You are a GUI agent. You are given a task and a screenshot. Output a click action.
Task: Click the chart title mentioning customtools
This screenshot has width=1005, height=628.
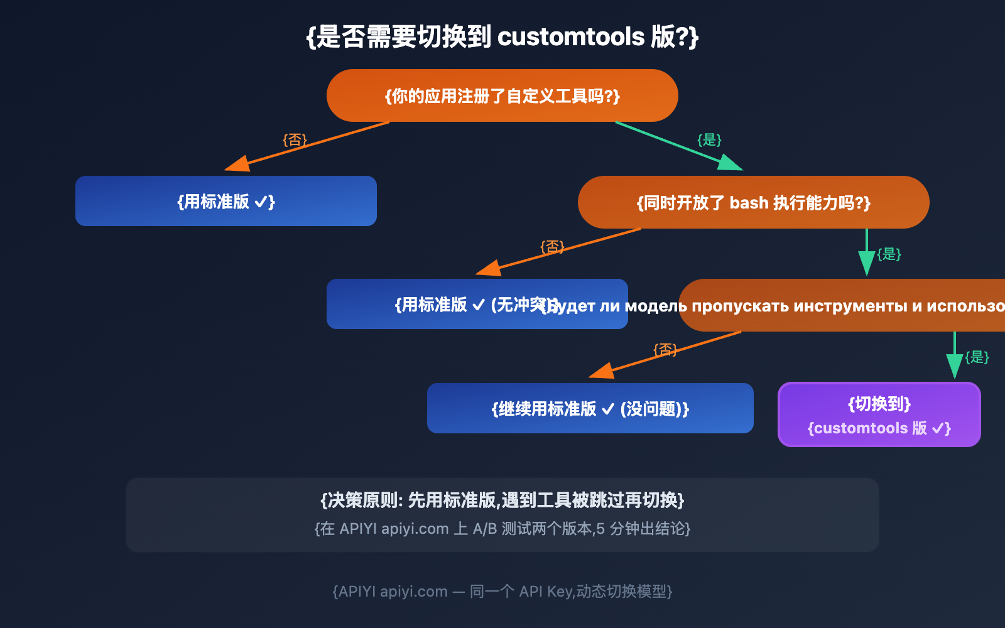[503, 36]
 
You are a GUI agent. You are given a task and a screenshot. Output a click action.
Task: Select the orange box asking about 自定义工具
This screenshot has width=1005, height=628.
[503, 95]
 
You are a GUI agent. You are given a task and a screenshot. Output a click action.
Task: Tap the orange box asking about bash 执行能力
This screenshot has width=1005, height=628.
[753, 202]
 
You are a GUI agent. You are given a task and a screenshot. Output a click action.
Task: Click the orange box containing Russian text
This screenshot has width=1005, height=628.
[842, 306]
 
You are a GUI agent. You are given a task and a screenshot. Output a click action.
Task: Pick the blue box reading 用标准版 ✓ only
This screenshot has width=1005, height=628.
[226, 201]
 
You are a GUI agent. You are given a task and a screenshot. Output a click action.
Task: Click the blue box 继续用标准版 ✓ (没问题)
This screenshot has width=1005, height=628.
[590, 408]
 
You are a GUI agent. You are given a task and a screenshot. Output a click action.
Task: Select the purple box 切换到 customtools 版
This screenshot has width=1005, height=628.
[879, 414]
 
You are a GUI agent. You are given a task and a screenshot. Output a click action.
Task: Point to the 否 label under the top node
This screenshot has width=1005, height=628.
[295, 139]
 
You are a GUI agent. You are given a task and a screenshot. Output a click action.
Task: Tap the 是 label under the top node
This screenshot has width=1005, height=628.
[709, 139]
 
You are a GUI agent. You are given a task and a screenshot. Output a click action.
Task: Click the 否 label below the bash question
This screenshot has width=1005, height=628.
[552, 246]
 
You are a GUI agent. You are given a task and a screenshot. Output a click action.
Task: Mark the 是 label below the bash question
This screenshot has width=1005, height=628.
[889, 254]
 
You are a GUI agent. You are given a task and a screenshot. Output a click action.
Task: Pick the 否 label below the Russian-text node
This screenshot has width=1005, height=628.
[665, 349]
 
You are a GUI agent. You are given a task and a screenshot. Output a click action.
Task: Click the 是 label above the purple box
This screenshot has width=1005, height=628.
[977, 357]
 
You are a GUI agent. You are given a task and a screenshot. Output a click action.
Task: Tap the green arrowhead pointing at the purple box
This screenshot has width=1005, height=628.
[955, 367]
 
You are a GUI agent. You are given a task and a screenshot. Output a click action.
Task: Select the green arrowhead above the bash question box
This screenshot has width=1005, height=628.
[730, 163]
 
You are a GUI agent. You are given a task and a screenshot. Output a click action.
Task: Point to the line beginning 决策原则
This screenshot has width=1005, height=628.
[503, 500]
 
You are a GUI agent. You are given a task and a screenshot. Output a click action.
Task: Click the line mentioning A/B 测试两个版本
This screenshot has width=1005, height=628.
[503, 529]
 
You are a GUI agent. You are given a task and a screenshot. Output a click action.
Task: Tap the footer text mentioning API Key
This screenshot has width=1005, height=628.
[503, 592]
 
